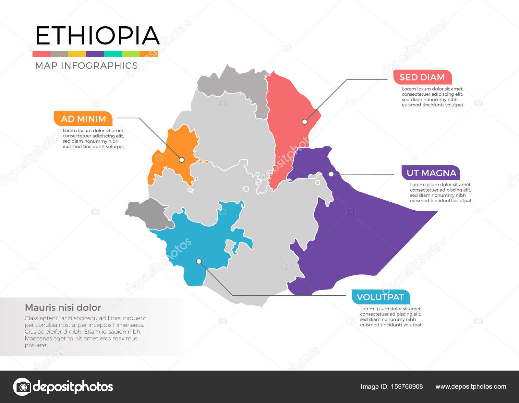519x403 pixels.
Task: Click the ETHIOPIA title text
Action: tap(97, 35)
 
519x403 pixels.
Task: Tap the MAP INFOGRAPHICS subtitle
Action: tap(86, 65)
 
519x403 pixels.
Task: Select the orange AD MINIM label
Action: tap(83, 119)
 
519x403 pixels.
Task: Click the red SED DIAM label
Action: tap(422, 77)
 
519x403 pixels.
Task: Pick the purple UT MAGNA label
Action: tap(431, 173)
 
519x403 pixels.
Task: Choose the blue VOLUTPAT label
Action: tap(380, 297)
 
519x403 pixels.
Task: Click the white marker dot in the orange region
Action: tap(182, 160)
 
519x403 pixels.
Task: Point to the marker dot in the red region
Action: tap(304, 122)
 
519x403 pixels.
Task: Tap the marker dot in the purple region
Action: tap(331, 174)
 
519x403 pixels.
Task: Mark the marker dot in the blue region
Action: tap(199, 261)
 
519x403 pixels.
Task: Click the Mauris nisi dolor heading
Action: tap(63, 307)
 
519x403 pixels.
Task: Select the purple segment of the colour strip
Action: tap(95, 54)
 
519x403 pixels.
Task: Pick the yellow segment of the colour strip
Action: tap(77, 54)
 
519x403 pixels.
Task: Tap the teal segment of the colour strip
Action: tap(113, 54)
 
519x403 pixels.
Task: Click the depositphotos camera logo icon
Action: tap(22, 386)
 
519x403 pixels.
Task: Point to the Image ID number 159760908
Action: tap(407, 386)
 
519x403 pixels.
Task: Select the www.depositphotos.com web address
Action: tap(471, 386)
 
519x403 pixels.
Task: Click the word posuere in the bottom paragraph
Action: tap(36, 345)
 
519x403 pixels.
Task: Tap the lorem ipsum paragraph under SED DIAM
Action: tap(433, 97)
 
